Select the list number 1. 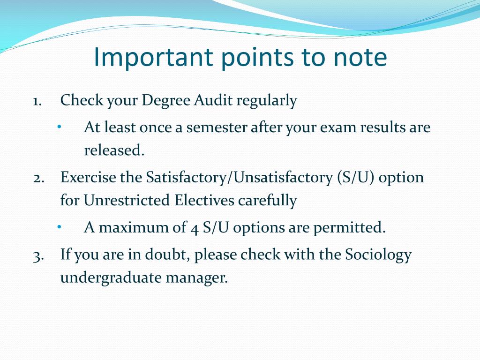[37, 101]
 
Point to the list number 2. [38, 178]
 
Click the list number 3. [38, 255]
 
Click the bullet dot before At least [60, 127]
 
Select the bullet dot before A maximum [60, 227]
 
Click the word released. [113, 150]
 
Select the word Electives [205, 201]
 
